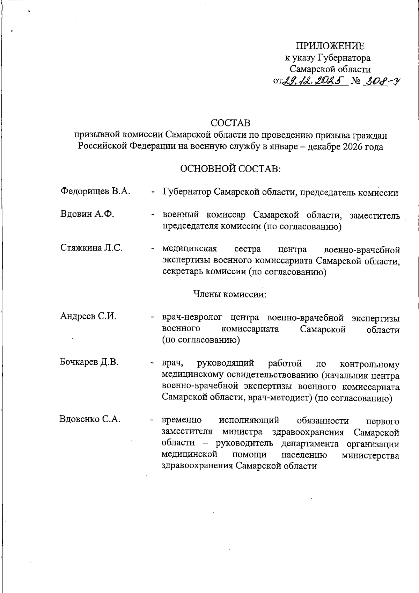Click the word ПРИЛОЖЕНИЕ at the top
330,46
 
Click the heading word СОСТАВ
230,123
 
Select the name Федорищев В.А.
95,191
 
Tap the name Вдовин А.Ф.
87,214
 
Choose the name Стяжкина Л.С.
91,248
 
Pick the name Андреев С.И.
88,317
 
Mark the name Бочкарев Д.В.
89,362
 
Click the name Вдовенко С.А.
90,419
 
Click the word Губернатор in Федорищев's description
187,192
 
